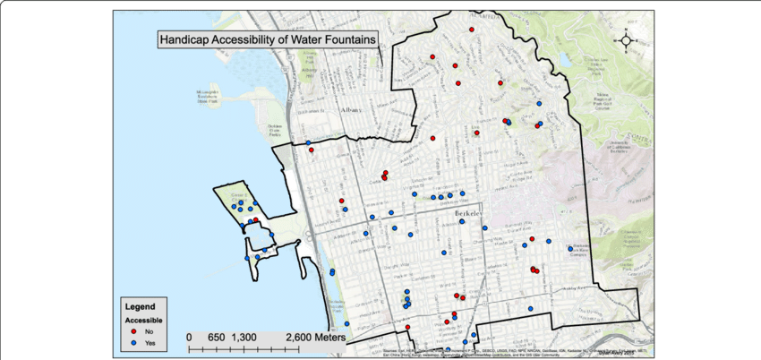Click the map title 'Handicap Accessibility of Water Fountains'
(267, 39)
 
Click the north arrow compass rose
(626, 39)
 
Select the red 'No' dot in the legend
(133, 330)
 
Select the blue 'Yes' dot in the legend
(133, 343)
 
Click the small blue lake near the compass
(566, 59)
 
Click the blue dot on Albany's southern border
(308, 142)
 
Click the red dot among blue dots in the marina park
(256, 219)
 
